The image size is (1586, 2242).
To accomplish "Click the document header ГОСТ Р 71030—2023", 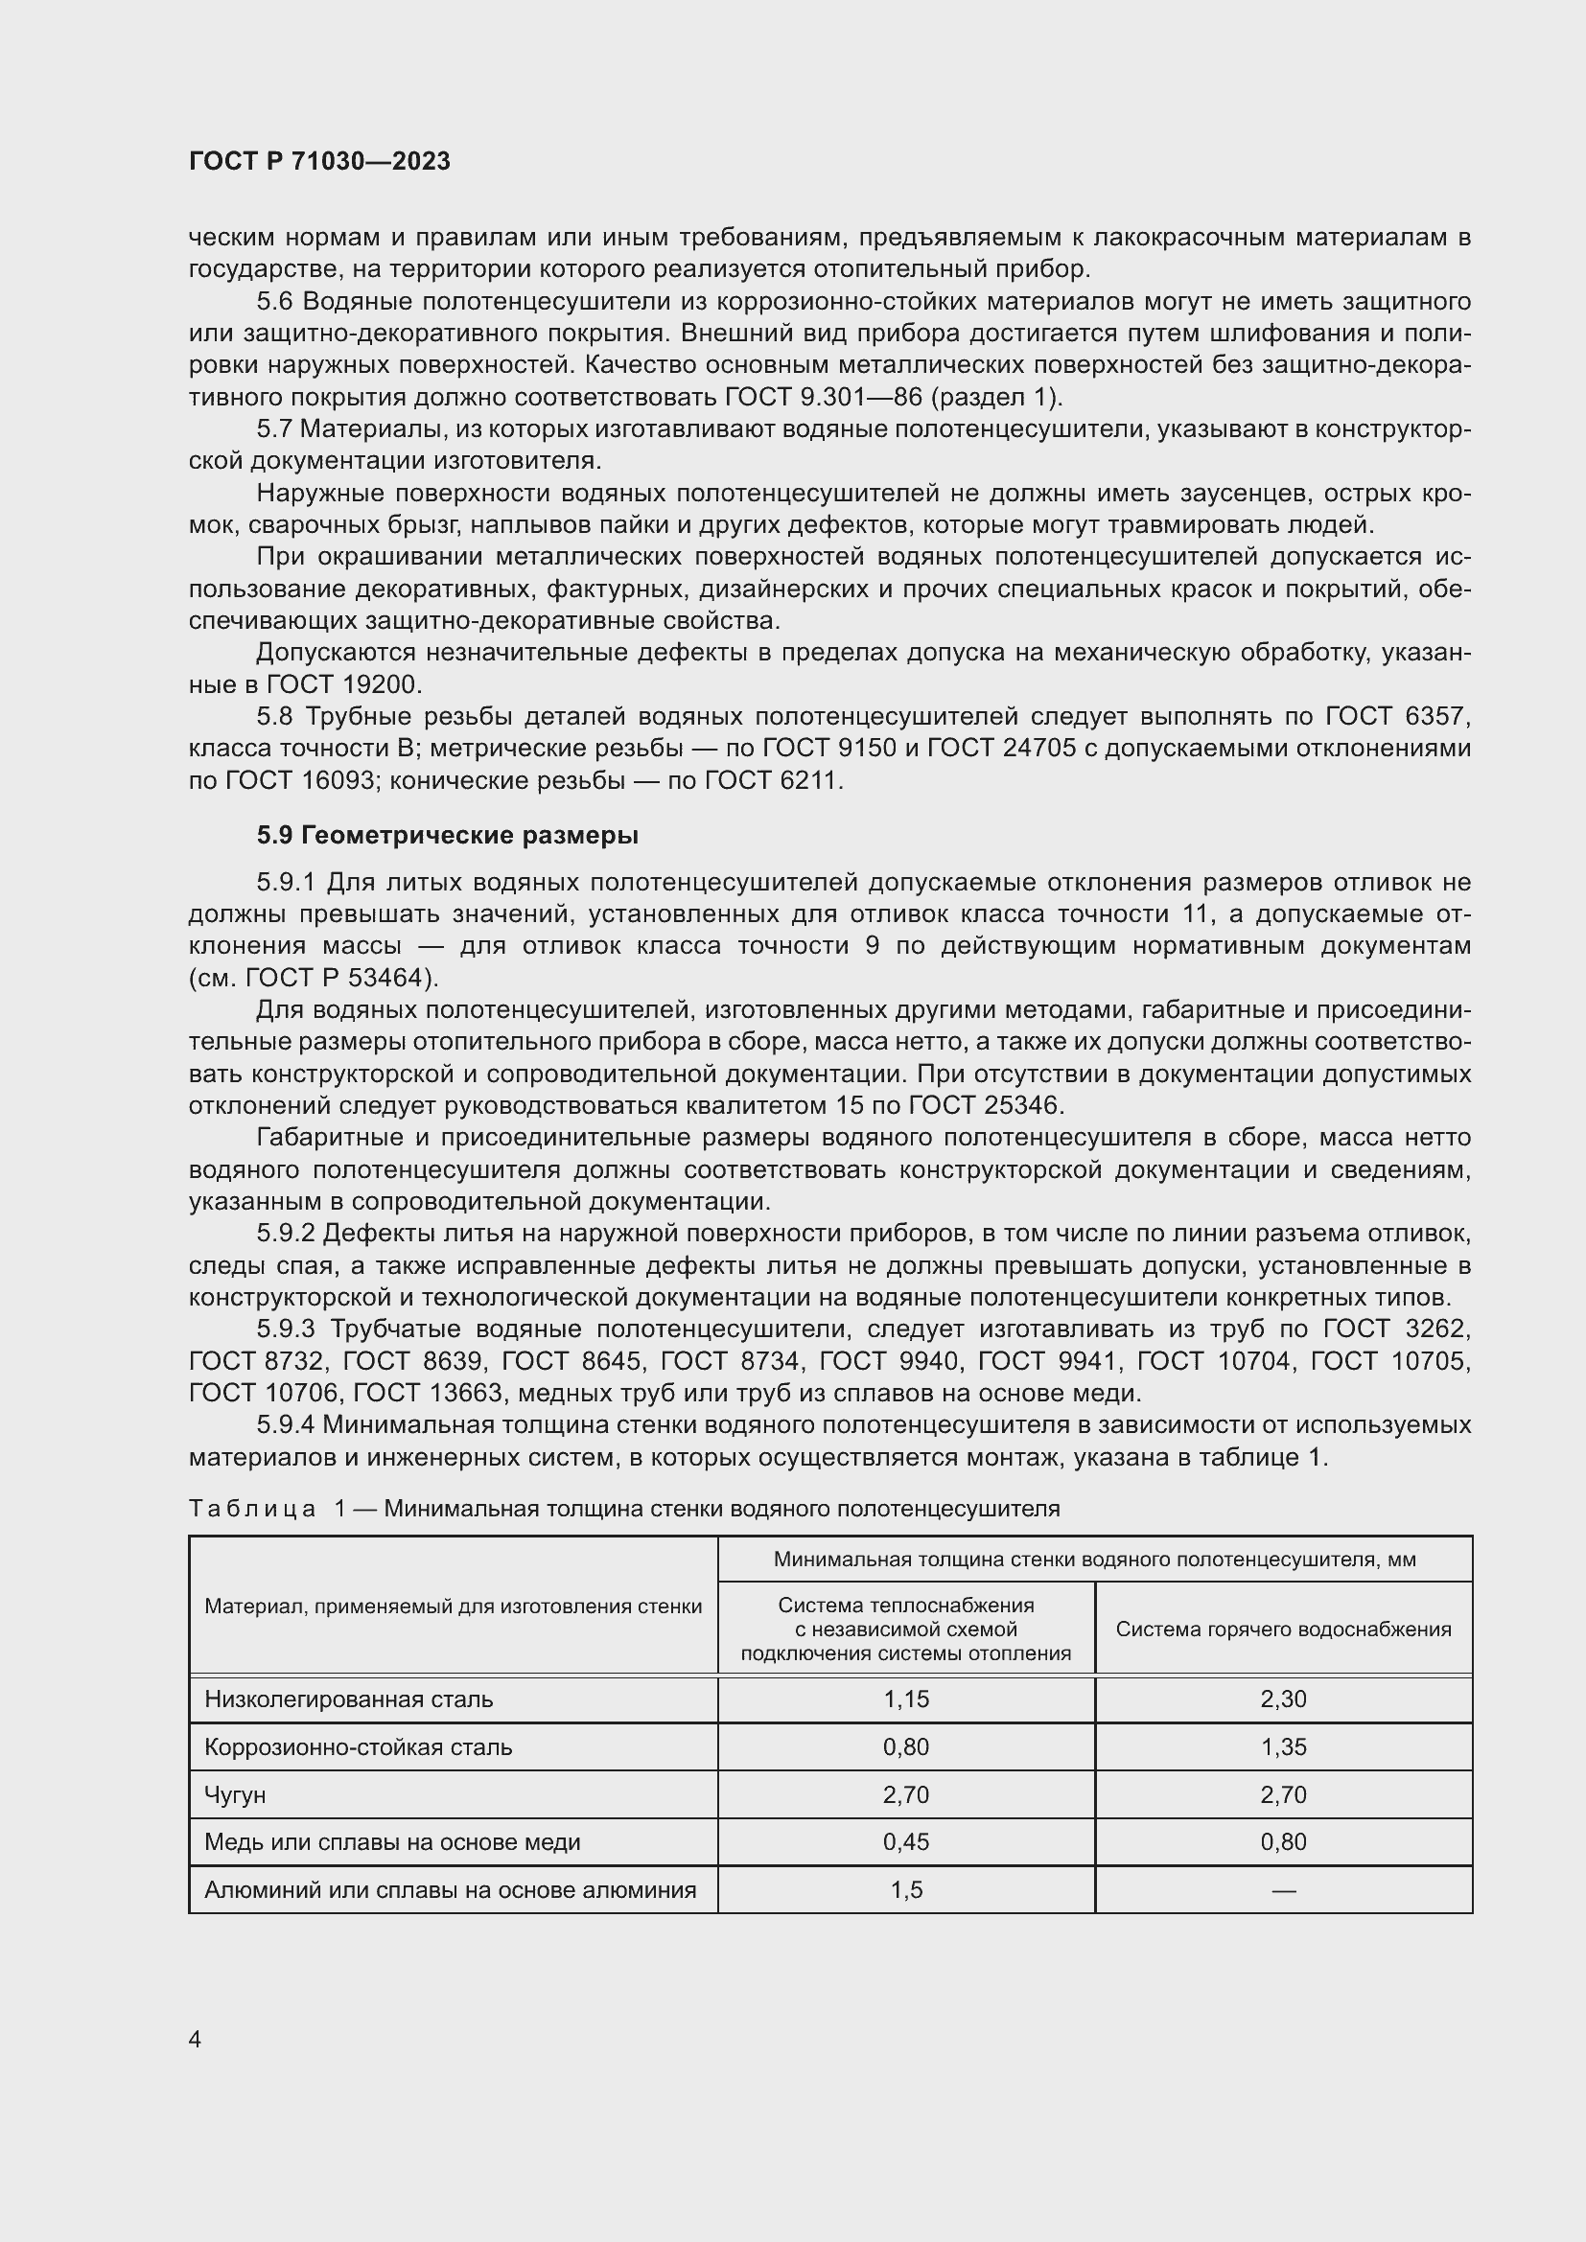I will [x=319, y=161].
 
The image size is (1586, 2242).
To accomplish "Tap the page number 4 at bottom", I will [x=195, y=2039].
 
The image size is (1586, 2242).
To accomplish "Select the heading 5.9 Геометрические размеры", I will [x=447, y=835].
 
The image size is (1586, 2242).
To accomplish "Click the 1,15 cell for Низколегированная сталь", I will [x=905, y=1699].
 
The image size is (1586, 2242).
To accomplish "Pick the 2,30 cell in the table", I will [x=1282, y=1699].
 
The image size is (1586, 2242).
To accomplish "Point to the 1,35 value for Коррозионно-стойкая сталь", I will [x=1282, y=1747].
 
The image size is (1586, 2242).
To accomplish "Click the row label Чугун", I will [x=234, y=1794].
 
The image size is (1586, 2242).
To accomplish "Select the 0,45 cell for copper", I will [x=905, y=1841].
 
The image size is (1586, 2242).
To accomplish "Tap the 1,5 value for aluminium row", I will [x=905, y=1889].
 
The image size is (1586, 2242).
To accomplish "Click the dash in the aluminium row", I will [x=1282, y=1890].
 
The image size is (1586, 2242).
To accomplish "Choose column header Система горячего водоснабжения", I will [x=1282, y=1629].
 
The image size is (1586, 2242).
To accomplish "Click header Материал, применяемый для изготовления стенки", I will [x=453, y=1606].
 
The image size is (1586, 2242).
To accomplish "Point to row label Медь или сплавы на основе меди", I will [x=391, y=1841].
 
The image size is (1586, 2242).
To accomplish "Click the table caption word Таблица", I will [x=252, y=1509].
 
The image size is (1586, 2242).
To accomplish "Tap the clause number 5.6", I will [x=276, y=302].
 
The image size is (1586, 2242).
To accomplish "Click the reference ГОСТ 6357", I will [x=1395, y=717].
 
